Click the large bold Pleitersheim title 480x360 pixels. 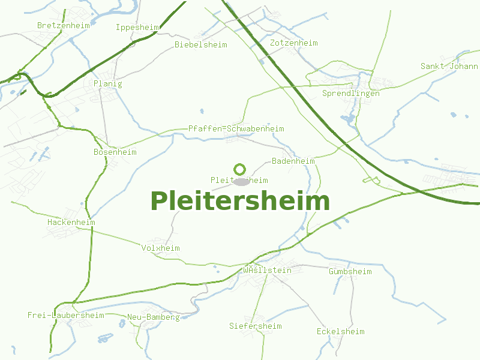click(x=240, y=201)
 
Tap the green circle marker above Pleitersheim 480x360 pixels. click(x=240, y=169)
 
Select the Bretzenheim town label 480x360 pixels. click(x=63, y=26)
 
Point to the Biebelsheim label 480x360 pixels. click(x=201, y=45)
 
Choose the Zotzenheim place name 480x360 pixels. click(x=294, y=43)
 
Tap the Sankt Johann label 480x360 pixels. click(x=449, y=67)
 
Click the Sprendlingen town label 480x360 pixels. click(x=351, y=94)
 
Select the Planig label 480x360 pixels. click(x=108, y=84)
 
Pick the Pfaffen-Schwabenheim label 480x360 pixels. click(x=236, y=129)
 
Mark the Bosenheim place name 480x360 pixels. click(x=115, y=152)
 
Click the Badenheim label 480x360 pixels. click(x=293, y=161)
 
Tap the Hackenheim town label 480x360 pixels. click(x=71, y=223)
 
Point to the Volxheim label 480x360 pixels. click(x=161, y=248)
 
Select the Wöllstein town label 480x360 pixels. click(x=268, y=271)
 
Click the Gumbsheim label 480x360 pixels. click(x=350, y=272)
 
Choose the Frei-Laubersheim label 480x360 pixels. click(x=66, y=316)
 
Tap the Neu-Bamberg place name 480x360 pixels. click(x=154, y=317)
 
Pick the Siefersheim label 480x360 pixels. click(x=256, y=326)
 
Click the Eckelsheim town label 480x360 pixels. click(x=341, y=332)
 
